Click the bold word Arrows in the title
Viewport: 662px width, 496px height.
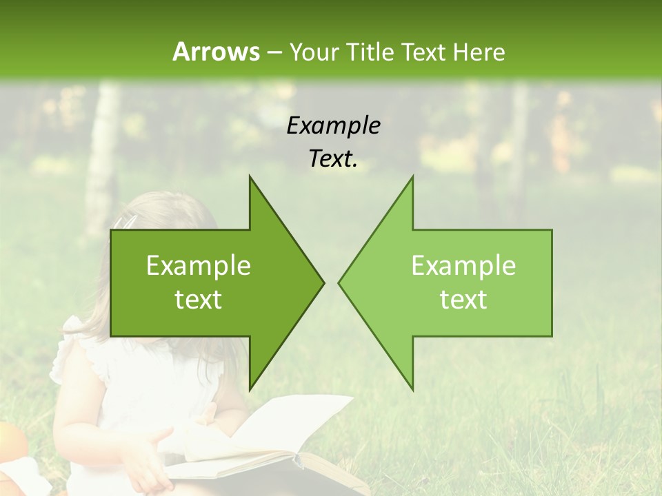pyautogui.click(x=217, y=52)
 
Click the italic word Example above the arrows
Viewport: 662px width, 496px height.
pyautogui.click(x=333, y=126)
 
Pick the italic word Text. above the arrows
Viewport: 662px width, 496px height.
pyautogui.click(x=333, y=159)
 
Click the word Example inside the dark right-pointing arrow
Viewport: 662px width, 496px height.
pyautogui.click(x=199, y=266)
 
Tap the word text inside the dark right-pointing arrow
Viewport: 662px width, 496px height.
pyautogui.click(x=199, y=300)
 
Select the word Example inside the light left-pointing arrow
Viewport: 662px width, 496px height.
pyautogui.click(x=463, y=266)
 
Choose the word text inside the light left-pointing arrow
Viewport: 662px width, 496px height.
pyautogui.click(x=463, y=300)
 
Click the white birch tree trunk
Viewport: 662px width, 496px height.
pyautogui.click(x=103, y=158)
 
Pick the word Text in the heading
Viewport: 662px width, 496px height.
pyautogui.click(x=423, y=52)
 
